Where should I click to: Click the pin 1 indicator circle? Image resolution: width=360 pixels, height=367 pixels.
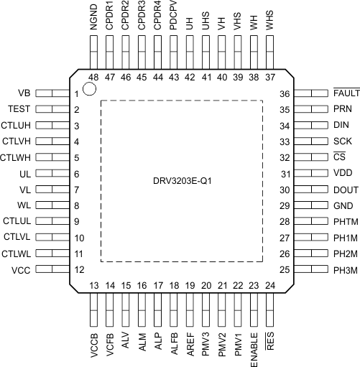pyautogui.click(x=90, y=89)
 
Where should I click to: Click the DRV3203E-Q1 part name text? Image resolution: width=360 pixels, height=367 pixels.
pyautogui.click(x=180, y=200)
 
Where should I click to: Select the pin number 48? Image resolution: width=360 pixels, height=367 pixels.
pyautogui.click(x=93, y=77)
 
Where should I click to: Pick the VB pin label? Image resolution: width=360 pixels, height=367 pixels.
pyautogui.click(x=24, y=94)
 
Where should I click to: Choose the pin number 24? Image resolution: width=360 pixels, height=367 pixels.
pyautogui.click(x=270, y=285)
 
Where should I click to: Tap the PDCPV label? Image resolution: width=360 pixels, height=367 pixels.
pyautogui.click(x=174, y=14)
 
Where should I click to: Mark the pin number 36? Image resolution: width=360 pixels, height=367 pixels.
pyautogui.click(x=285, y=94)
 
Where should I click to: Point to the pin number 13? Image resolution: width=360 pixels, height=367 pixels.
pyautogui.click(x=93, y=285)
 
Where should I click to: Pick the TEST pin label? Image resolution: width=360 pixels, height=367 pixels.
pyautogui.click(x=20, y=110)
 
